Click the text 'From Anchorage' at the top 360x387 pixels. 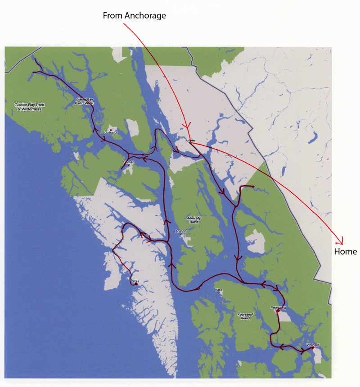(135, 16)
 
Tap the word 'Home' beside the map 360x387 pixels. (345, 251)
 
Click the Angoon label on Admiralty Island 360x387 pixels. (180, 231)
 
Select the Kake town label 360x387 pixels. (219, 290)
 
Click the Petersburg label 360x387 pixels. (278, 307)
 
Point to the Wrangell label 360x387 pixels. (312, 345)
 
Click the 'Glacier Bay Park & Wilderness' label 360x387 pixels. (28, 107)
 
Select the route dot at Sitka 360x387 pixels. (135, 284)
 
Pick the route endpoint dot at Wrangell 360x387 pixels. (313, 347)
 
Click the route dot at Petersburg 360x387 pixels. (278, 311)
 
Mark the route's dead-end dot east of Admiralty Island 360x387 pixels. (254, 187)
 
